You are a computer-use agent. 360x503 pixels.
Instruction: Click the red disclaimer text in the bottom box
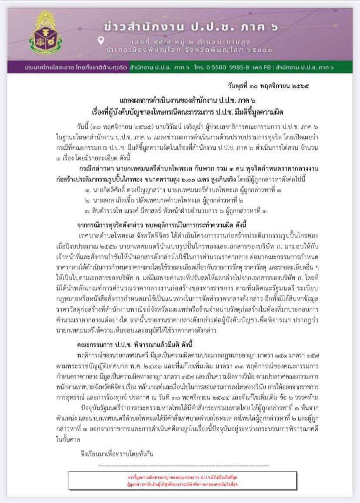point(183,480)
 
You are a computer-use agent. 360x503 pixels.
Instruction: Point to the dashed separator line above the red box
point(183,466)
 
